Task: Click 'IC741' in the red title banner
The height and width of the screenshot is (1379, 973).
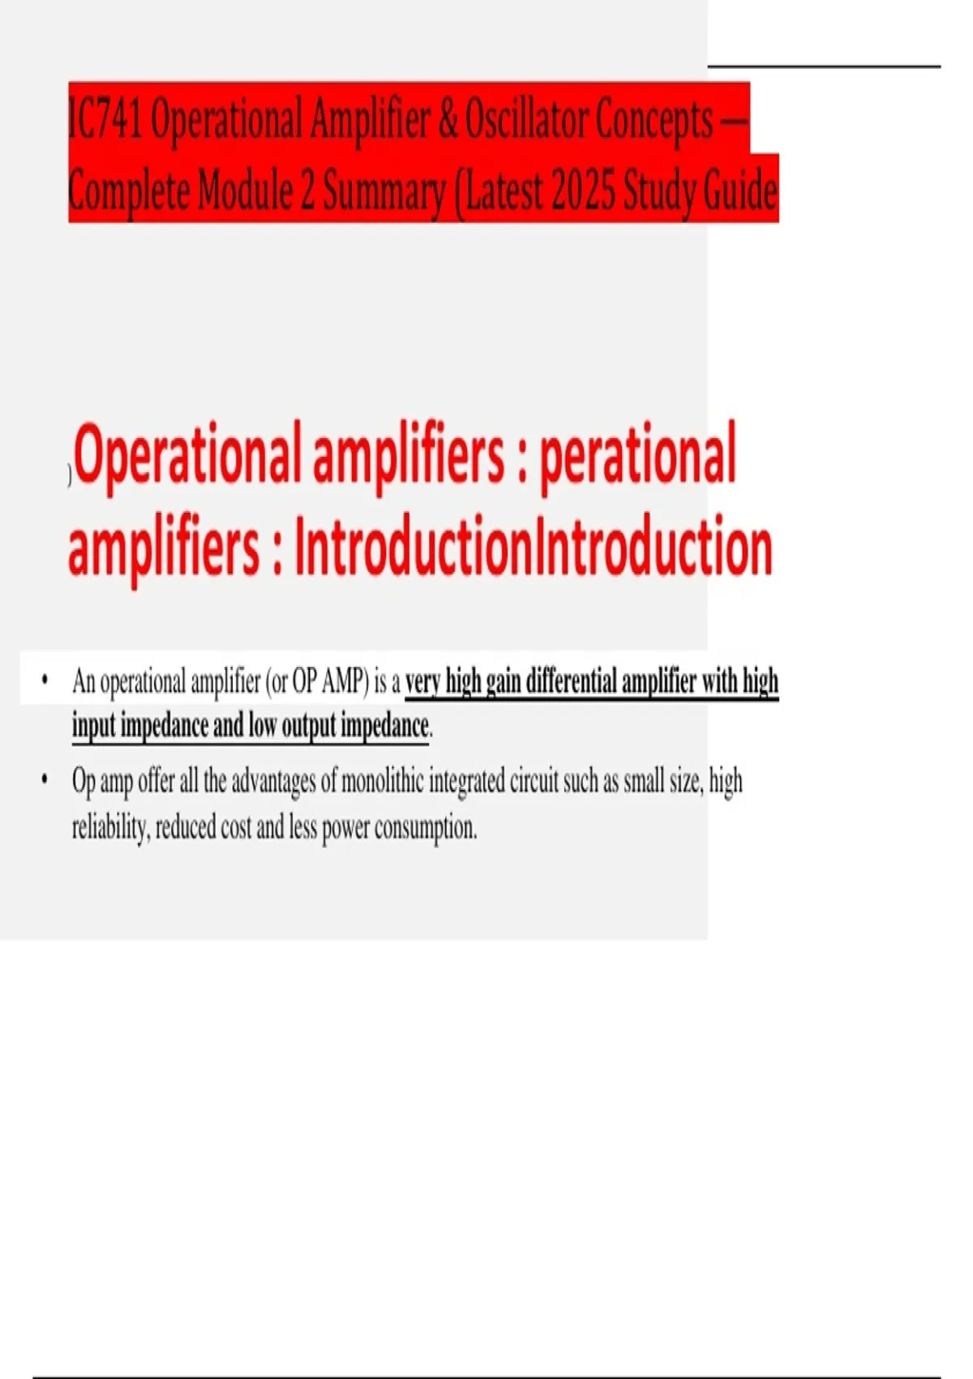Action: pyautogui.click(x=105, y=120)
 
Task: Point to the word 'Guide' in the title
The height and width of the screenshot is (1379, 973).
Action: pyautogui.click(x=740, y=191)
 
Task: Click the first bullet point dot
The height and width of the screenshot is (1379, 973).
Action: pyautogui.click(x=45, y=679)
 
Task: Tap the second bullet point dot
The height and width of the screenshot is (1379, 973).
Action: pyautogui.click(x=45, y=780)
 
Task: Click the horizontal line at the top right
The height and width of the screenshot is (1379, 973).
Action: pyautogui.click(x=823, y=66)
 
